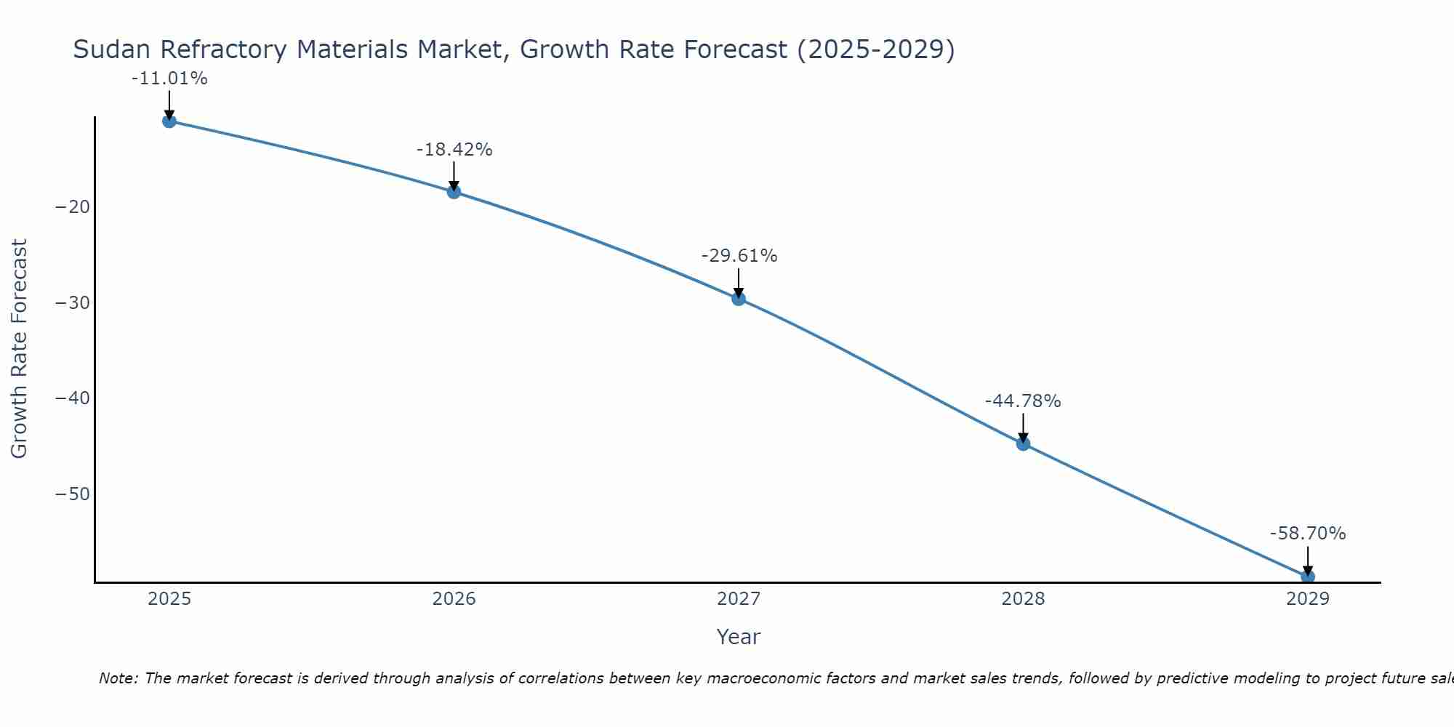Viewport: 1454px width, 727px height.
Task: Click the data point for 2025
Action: coord(169,121)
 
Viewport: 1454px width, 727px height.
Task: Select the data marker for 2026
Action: coord(454,192)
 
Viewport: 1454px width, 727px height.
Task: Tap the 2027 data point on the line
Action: coord(739,299)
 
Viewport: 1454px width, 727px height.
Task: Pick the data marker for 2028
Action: coord(1023,443)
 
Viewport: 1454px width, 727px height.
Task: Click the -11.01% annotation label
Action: coord(169,79)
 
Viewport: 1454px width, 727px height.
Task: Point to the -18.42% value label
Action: coord(454,150)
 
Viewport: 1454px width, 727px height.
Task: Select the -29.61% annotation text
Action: coord(739,256)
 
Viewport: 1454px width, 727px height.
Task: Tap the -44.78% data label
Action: coord(1023,401)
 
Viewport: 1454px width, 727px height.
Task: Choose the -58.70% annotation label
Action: coord(1308,534)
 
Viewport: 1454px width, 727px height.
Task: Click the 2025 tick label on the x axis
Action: coord(169,599)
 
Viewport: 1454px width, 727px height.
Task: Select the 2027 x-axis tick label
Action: coord(739,599)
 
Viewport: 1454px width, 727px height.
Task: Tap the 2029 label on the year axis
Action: coord(1308,599)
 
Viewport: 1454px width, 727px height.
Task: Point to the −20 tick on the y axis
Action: coord(73,207)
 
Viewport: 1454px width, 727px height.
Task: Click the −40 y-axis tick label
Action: coord(73,398)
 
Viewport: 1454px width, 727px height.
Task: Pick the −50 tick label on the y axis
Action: coord(73,494)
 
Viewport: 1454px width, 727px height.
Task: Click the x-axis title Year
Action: coord(739,637)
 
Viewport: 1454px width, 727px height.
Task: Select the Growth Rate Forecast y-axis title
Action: coord(19,349)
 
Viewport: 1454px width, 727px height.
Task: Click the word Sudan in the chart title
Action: coord(112,49)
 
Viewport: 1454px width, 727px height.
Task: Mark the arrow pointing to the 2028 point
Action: coord(1023,427)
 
